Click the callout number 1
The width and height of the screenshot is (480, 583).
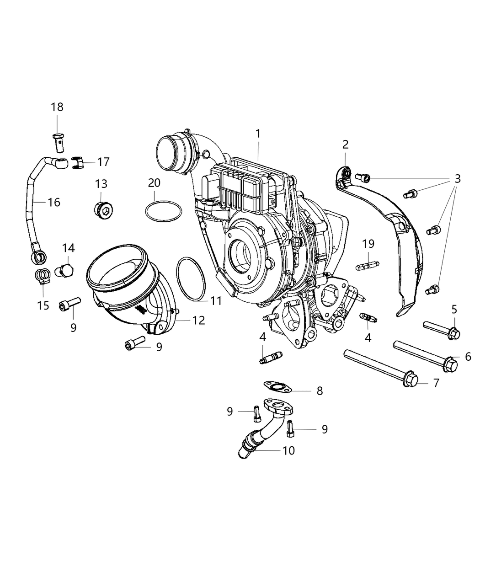[x=258, y=134]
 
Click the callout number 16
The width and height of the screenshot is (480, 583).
[x=54, y=202]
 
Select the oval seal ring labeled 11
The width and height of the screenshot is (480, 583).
[x=191, y=279]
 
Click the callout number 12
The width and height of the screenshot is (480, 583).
[x=198, y=321]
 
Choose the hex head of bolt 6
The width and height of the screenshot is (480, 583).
[x=450, y=365]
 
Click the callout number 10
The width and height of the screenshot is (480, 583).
[x=288, y=450]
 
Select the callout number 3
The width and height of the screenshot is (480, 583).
[x=457, y=179]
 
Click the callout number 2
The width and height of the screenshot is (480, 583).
[x=345, y=144]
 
